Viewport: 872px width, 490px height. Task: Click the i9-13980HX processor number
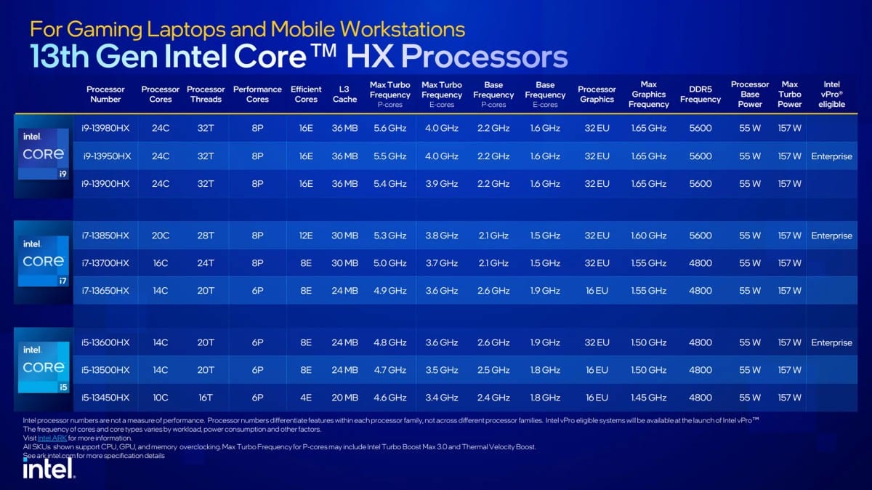(x=106, y=128)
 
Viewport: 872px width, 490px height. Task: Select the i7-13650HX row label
(x=106, y=291)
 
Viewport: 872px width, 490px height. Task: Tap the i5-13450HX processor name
(x=106, y=398)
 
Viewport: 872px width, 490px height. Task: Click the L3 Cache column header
(x=344, y=95)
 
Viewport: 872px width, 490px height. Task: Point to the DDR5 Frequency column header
(x=701, y=95)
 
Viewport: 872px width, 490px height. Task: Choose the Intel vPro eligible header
(x=832, y=95)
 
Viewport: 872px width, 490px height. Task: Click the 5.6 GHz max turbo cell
(x=389, y=128)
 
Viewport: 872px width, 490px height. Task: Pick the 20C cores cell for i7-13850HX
(x=161, y=236)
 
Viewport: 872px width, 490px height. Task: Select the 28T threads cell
(x=206, y=236)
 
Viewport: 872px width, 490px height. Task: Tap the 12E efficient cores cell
(x=306, y=236)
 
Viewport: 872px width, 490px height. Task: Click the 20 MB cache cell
(x=344, y=398)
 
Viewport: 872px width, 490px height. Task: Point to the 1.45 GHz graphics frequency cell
(x=648, y=398)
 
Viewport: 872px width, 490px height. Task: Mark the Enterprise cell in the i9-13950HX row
(x=832, y=156)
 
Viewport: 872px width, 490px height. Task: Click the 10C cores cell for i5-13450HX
(x=161, y=398)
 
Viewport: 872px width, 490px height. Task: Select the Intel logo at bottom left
(x=48, y=470)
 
